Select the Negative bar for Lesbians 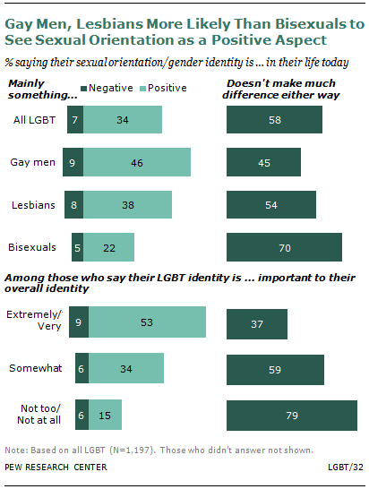pos(76,204)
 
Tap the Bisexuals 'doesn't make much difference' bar pos(285,246)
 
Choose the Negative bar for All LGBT pos(75,120)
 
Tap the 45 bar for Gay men pos(264,162)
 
